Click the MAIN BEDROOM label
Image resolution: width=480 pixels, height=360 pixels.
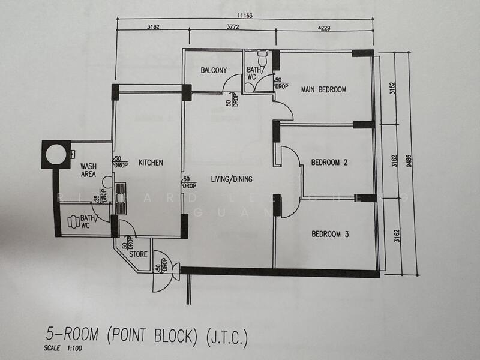pos(324,90)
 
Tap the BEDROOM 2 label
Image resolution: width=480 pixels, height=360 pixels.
pos(329,163)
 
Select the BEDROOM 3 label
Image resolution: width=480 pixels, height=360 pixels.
pos(329,235)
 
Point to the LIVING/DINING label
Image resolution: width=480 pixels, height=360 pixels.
pos(231,179)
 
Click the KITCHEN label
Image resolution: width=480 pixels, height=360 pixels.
pos(151,163)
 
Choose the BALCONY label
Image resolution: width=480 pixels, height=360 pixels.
pos(214,71)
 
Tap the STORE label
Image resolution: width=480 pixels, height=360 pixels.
pos(138,254)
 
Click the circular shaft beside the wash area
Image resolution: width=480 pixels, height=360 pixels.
pos(56,154)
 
